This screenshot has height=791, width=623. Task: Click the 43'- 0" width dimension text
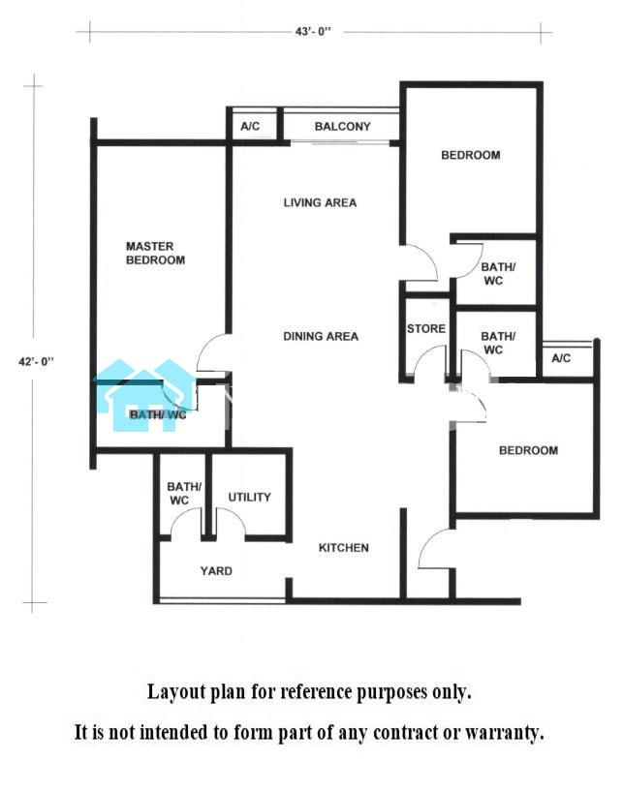pyautogui.click(x=313, y=31)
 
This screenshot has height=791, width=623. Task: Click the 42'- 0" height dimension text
pyautogui.click(x=36, y=361)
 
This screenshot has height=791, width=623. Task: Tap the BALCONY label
pyautogui.click(x=342, y=126)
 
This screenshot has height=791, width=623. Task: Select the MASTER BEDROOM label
pyautogui.click(x=155, y=254)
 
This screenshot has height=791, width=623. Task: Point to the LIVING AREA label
pyautogui.click(x=320, y=202)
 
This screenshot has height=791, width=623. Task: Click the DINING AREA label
pyautogui.click(x=321, y=337)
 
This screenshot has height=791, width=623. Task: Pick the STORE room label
pyautogui.click(x=426, y=329)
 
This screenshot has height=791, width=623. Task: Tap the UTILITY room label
pyautogui.click(x=249, y=498)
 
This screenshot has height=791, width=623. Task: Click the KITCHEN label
pyautogui.click(x=343, y=548)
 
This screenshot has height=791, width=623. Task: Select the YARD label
pyautogui.click(x=216, y=571)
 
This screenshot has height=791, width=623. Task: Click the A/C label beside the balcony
pyautogui.click(x=250, y=126)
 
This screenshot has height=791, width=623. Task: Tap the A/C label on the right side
pyautogui.click(x=561, y=358)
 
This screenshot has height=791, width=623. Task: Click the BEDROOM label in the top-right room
pyautogui.click(x=471, y=155)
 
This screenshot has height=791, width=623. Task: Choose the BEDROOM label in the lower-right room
pyautogui.click(x=529, y=450)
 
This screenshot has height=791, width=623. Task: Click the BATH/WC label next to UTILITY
pyautogui.click(x=184, y=494)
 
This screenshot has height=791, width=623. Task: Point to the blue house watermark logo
pyautogui.click(x=144, y=395)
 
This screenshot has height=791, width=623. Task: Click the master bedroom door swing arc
pyautogui.click(x=202, y=345)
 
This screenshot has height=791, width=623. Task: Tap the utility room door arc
pyautogui.click(x=237, y=513)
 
